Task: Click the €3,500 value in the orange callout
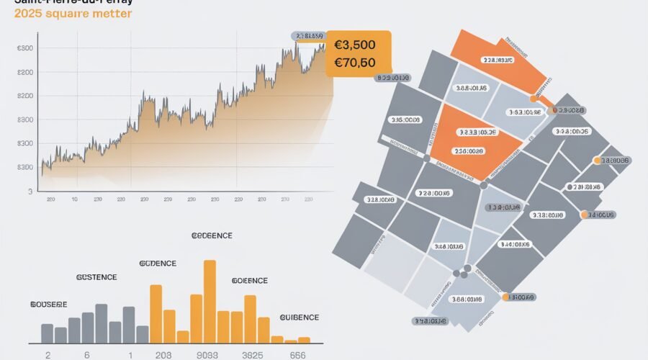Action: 356,45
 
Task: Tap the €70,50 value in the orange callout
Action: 355,63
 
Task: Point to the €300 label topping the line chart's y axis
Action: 24,48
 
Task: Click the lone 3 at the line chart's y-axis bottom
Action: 30,192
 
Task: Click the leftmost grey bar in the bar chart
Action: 47,333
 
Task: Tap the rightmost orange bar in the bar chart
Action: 304,339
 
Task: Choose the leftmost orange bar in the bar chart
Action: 156,313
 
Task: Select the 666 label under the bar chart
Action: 298,355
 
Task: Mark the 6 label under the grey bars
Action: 86,355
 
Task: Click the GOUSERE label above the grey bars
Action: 49,305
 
